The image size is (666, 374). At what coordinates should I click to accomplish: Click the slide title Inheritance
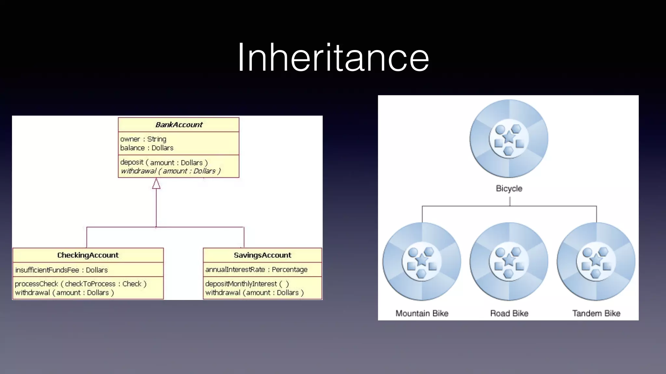point(333,58)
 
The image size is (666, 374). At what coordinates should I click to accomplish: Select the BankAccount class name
point(179,125)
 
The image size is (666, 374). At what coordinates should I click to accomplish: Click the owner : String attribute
point(143,139)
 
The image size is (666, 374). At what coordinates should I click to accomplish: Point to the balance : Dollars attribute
point(147,148)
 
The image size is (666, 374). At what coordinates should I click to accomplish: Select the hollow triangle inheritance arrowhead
point(156,184)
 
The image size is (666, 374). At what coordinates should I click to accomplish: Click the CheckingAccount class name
point(88,255)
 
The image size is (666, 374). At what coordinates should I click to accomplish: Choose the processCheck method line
point(81,284)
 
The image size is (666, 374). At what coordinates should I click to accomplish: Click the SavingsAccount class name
point(262,255)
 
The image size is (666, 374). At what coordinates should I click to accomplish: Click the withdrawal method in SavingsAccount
point(254,293)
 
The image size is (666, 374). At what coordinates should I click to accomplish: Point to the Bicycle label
point(509,189)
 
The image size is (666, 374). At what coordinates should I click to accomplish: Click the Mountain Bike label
point(422,313)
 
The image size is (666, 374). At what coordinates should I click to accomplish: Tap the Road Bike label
point(509,313)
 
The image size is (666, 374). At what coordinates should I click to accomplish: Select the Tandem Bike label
point(596,313)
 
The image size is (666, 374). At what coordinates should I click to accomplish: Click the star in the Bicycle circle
point(509,137)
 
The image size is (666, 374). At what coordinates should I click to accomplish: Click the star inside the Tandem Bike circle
point(596,260)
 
